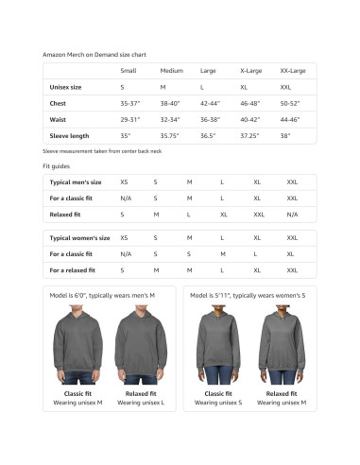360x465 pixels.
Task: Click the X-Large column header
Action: (x=251, y=71)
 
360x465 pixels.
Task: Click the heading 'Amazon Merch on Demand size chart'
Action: (x=94, y=55)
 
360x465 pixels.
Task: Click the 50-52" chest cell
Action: (x=291, y=103)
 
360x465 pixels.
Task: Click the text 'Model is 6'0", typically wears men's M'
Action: (x=102, y=296)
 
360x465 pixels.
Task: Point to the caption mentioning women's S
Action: (x=247, y=296)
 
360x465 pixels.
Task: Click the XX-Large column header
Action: (x=294, y=71)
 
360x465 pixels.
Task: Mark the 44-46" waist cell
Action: (x=291, y=119)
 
